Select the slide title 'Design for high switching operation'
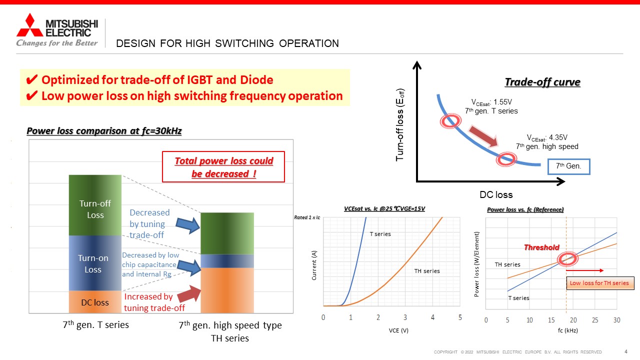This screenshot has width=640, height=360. click(227, 43)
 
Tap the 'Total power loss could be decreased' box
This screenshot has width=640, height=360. click(223, 167)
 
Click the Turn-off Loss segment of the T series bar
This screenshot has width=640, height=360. click(95, 205)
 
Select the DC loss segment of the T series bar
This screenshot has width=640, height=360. click(95, 302)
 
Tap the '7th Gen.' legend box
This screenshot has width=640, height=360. click(568, 166)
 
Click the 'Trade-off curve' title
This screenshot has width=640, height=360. click(542, 82)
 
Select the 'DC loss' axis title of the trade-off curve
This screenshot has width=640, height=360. click(496, 194)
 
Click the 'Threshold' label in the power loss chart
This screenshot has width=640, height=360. click(541, 247)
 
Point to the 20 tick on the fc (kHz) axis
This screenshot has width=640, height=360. click(573, 319)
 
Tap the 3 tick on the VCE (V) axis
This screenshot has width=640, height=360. click(405, 317)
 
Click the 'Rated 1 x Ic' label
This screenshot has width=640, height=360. click(306, 217)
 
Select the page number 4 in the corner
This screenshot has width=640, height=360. click(626, 351)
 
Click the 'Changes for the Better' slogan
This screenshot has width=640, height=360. click(57, 43)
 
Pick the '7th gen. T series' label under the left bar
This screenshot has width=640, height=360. click(95, 325)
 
